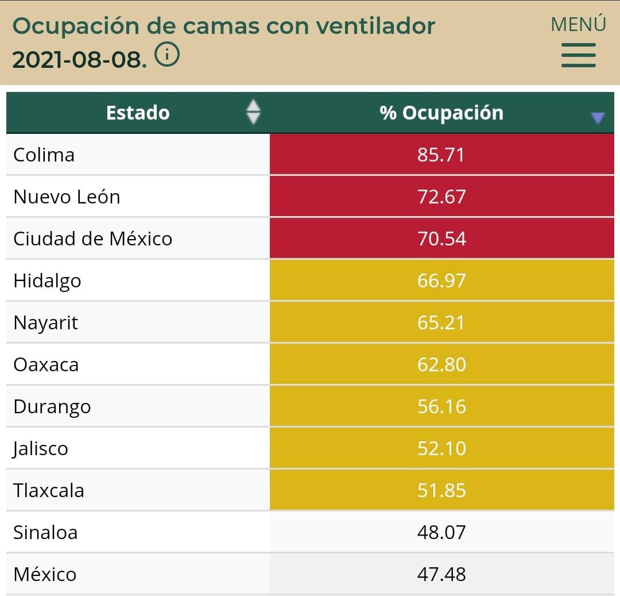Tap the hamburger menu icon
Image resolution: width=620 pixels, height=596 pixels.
coord(578,55)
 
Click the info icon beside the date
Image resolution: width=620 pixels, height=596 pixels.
coord(167,55)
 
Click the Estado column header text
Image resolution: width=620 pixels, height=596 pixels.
coord(138,113)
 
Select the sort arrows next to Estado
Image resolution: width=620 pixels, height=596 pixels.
coord(253,112)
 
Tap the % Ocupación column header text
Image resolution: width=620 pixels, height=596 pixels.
coord(441,113)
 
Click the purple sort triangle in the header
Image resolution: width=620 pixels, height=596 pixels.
coord(598,118)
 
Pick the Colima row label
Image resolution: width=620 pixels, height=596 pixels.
coord(44,155)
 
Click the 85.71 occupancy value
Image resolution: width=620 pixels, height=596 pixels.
coord(441,155)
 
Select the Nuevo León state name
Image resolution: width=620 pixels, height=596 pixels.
coord(67,197)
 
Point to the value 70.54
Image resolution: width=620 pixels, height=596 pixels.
coord(441,239)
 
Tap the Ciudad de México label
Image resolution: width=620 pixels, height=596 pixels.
coord(92,239)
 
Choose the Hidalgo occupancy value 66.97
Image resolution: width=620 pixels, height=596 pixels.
coord(441,280)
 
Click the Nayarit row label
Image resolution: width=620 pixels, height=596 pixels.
coord(45,323)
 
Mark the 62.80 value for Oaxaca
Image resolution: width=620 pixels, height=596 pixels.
coord(441,364)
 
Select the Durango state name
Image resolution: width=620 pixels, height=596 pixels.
coord(52,407)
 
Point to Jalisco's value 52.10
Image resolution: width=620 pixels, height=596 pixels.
coord(441,448)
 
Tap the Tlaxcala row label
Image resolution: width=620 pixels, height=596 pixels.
coord(49,490)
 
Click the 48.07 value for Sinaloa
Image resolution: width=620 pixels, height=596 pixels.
coord(441,532)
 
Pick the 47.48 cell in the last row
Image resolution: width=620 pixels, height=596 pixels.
coord(441,574)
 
